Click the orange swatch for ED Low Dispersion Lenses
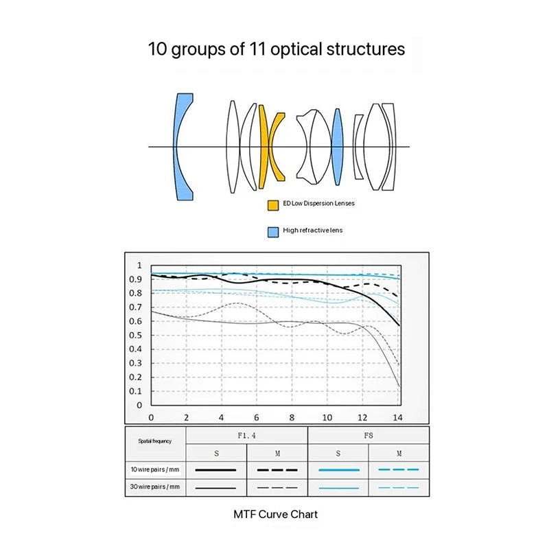click(273, 205)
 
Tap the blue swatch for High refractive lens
click(273, 232)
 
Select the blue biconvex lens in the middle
click(337, 147)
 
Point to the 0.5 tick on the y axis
click(135, 335)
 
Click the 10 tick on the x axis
click(327, 417)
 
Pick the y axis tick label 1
click(139, 266)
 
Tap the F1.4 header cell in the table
click(246, 436)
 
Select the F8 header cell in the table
click(369, 436)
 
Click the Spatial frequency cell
click(155, 443)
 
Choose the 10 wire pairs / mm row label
click(155, 469)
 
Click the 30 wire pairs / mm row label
click(155, 487)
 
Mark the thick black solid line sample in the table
click(215, 470)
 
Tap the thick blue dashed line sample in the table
click(399, 469)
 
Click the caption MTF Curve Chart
click(276, 514)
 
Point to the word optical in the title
click(296, 49)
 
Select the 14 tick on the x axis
click(397, 417)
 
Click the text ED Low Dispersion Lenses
click(318, 203)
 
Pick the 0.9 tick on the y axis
click(135, 279)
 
